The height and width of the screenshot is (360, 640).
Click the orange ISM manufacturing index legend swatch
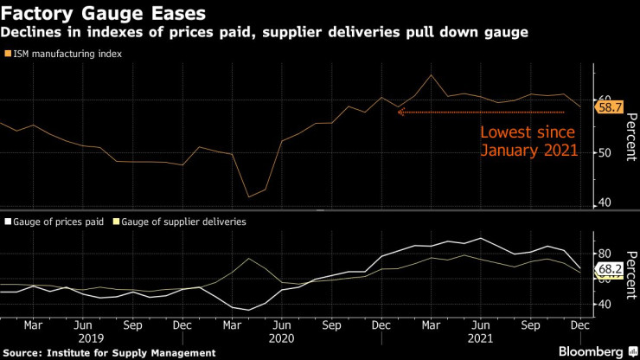8,54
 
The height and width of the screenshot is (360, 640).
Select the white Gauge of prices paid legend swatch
8,222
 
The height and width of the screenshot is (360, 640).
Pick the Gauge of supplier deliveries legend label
183,222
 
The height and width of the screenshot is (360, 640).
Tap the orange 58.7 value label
611,107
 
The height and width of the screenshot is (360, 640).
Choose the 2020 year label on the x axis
282,339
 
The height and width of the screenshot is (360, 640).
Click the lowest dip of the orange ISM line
250,196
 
